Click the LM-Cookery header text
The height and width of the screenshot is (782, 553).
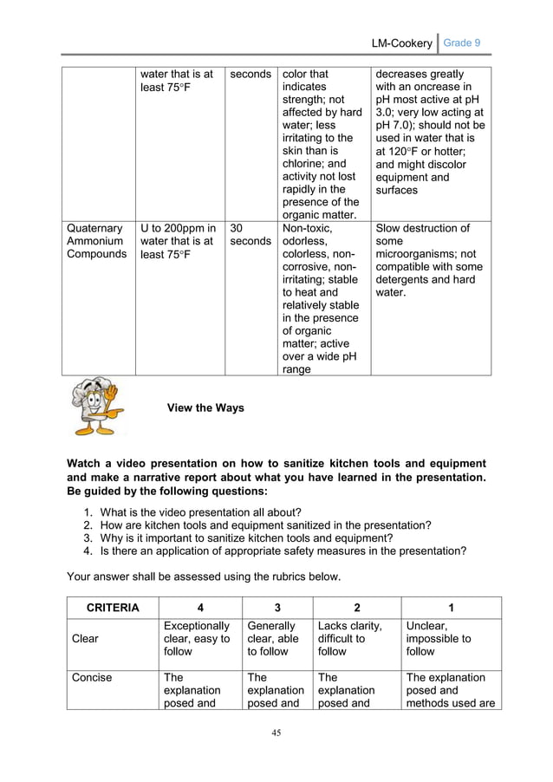click(x=400, y=42)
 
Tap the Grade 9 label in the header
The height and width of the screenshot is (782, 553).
click(x=463, y=42)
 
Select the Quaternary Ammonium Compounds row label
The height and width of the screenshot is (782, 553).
click(x=96, y=241)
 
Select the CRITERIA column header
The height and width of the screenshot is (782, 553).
click(x=112, y=608)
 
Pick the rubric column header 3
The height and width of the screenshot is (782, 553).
click(x=277, y=608)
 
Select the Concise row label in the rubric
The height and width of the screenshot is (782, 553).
click(x=92, y=677)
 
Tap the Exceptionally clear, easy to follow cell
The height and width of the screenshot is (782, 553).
click(x=197, y=639)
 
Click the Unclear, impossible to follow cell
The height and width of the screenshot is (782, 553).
click(x=439, y=639)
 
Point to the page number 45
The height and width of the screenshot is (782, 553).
click(x=276, y=733)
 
